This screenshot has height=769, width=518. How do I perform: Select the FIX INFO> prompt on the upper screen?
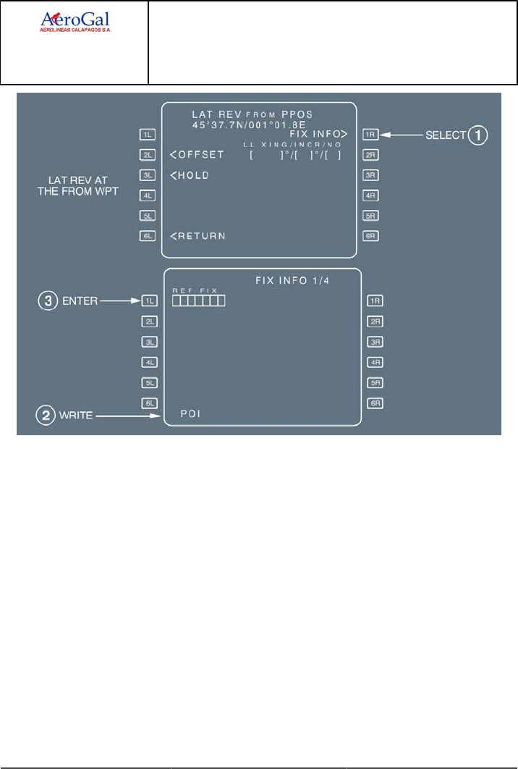click(x=318, y=134)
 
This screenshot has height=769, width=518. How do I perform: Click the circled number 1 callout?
click(x=477, y=134)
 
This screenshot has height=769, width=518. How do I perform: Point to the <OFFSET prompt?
click(x=198, y=155)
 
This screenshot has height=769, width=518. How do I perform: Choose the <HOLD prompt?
click(x=190, y=175)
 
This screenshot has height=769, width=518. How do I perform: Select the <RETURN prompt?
click(x=198, y=236)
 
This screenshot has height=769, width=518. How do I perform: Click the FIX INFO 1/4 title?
click(x=289, y=281)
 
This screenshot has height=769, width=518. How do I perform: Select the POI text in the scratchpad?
click(x=190, y=415)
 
